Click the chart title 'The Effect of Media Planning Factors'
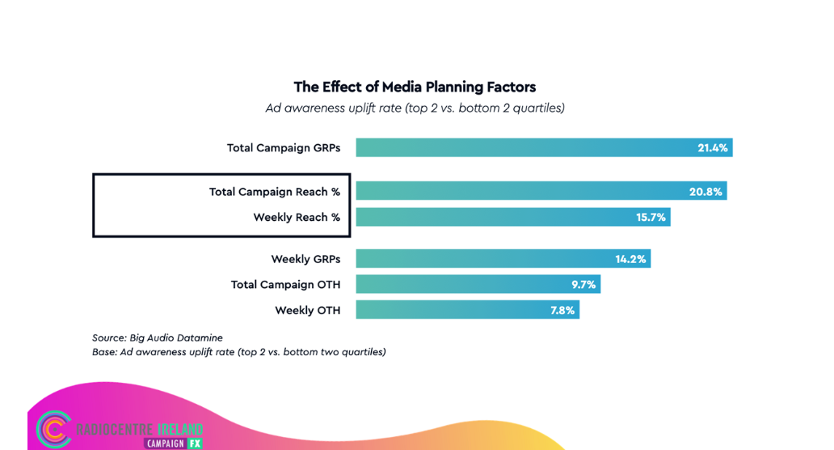[x=415, y=87]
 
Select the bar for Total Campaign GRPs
[x=525, y=147]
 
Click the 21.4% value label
[x=712, y=148]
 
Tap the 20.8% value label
[x=706, y=192]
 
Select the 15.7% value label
[x=650, y=218]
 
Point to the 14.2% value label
[x=630, y=260]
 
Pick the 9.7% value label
[x=583, y=285]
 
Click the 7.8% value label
[x=562, y=311]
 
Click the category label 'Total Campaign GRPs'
[x=284, y=148]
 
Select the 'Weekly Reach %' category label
[x=297, y=218]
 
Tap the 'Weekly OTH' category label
[x=307, y=311]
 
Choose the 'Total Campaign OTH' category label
[x=285, y=285]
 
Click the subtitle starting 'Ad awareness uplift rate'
[x=415, y=108]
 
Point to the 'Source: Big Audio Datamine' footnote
[x=158, y=337]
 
